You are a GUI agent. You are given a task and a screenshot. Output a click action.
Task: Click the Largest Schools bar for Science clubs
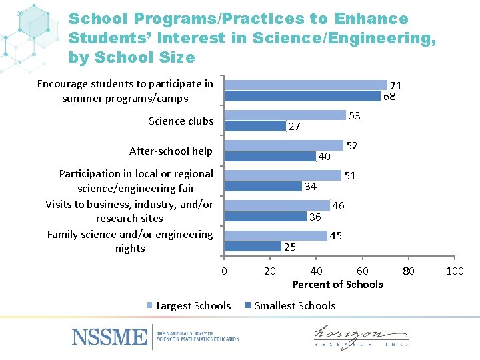tap(285, 115)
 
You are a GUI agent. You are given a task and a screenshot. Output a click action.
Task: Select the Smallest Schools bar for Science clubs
tap(255, 126)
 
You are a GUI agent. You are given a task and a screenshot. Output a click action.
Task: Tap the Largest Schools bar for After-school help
tap(283, 145)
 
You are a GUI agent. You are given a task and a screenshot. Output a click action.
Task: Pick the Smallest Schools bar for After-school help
tap(269, 156)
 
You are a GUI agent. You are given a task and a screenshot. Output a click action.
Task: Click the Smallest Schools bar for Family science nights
tap(253, 247)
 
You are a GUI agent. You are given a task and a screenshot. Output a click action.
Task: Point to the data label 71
tap(395, 86)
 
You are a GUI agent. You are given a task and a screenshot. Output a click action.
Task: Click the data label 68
tap(389, 96)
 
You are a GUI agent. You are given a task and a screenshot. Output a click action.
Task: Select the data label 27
tap(294, 127)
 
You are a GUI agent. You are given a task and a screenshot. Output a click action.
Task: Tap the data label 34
tap(310, 186)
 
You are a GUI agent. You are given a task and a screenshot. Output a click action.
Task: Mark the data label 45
tap(336, 235)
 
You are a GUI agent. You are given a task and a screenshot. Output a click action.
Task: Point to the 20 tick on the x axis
tap(270, 271)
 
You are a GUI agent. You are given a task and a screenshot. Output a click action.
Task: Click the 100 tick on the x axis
tap(455, 271)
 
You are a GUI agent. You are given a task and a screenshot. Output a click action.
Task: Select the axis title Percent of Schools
tap(337, 285)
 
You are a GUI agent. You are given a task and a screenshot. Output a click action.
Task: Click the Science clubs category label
tap(181, 121)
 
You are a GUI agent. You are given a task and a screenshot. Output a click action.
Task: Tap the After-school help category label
tap(171, 151)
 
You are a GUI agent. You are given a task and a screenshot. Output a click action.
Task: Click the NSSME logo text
tap(109, 336)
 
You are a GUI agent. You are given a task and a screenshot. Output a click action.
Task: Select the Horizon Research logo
tap(361, 336)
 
